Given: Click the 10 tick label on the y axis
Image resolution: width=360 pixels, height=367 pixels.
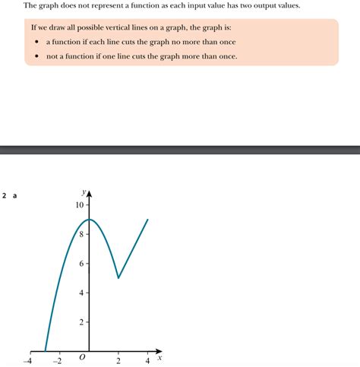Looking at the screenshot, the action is (x=78, y=205).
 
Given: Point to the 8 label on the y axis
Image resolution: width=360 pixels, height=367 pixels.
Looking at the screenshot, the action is (x=81, y=234).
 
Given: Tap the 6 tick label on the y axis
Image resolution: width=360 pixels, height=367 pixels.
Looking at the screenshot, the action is (x=81, y=264).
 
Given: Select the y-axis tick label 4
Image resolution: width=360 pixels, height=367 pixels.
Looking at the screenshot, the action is (x=81, y=293).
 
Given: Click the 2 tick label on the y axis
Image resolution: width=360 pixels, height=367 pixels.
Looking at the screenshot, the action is (x=81, y=322).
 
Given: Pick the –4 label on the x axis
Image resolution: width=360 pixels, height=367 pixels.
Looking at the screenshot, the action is (x=29, y=361).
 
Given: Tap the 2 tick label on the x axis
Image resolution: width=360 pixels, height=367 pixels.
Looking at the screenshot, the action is (x=118, y=361).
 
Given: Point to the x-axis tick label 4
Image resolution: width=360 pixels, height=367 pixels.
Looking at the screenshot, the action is (x=147, y=361).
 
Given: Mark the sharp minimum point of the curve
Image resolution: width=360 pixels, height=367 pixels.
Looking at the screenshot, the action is (x=118, y=278).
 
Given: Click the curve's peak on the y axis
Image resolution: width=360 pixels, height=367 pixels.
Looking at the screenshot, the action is (x=90, y=220).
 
